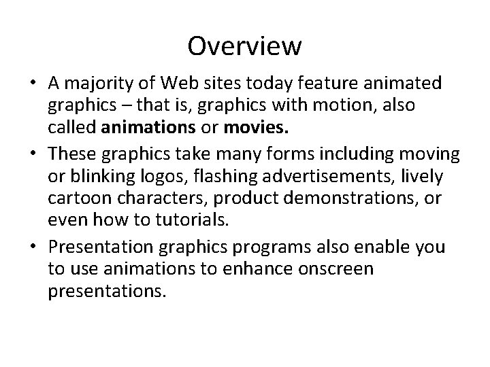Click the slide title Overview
(244, 46)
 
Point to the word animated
(400, 84)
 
